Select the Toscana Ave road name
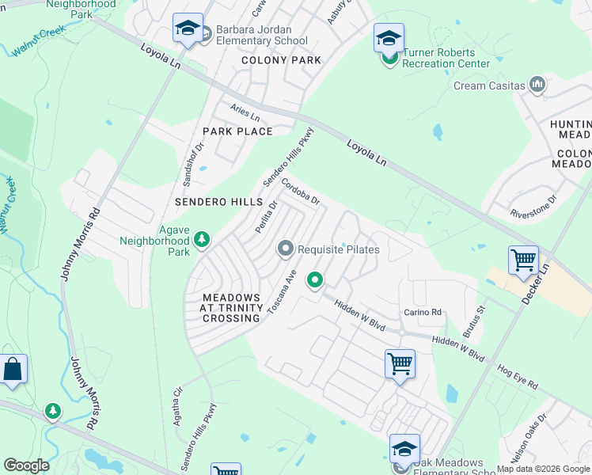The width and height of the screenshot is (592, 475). [280, 293]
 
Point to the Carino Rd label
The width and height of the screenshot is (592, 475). [422, 312]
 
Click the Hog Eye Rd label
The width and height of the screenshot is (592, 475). [518, 377]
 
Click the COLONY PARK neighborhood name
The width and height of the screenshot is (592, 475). [281, 60]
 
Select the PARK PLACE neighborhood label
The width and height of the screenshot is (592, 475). [237, 131]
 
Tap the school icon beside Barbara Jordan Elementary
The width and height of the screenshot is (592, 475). [188, 28]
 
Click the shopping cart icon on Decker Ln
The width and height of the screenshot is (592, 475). [523, 260]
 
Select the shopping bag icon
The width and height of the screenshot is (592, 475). [13, 369]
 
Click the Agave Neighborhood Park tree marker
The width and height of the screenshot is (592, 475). [202, 238]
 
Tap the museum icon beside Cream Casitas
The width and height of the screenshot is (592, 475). [537, 85]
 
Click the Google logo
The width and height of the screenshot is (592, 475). [26, 465]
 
